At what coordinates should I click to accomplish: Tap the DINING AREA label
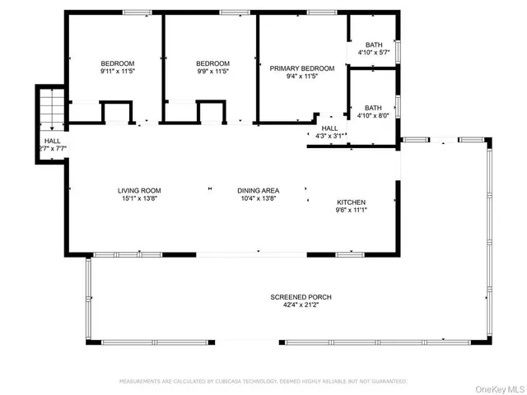pos(259,190)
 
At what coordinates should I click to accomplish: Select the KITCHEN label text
pos(352,202)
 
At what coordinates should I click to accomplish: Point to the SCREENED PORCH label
pos(301,296)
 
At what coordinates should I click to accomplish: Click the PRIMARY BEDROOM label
pos(302,69)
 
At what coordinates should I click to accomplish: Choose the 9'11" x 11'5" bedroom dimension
pos(118,72)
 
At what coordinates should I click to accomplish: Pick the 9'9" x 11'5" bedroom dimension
pos(212,72)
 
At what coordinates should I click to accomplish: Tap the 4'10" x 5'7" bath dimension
pos(373,53)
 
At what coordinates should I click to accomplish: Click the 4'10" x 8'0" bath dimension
pos(373,115)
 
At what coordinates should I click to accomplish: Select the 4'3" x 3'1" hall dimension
pos(329,136)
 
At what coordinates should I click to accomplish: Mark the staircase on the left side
pos(49,107)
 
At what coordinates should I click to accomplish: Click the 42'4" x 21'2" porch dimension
pos(301,304)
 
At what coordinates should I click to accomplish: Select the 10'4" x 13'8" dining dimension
pos(259,198)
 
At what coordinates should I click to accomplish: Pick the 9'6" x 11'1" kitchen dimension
pos(352,210)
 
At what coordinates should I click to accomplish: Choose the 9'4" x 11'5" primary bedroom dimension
pos(302,77)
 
